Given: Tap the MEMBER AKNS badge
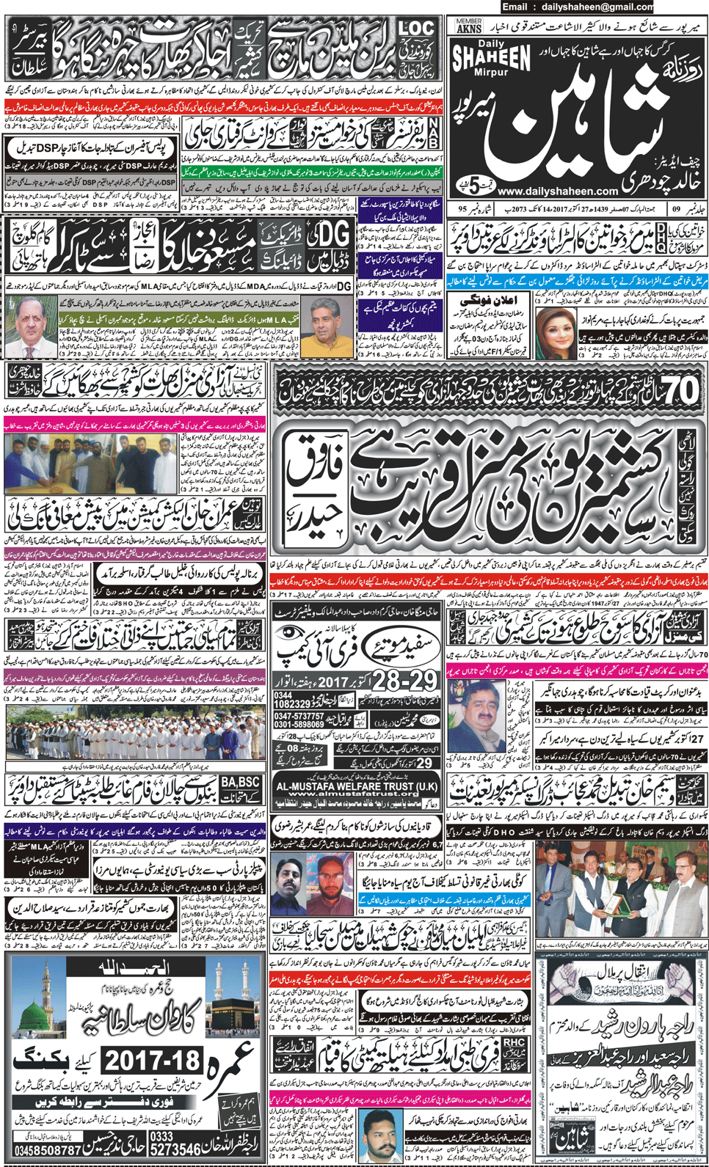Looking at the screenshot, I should [469, 26].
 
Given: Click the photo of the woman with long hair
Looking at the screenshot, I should [554, 332].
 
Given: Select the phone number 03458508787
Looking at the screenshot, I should [48, 1150].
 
